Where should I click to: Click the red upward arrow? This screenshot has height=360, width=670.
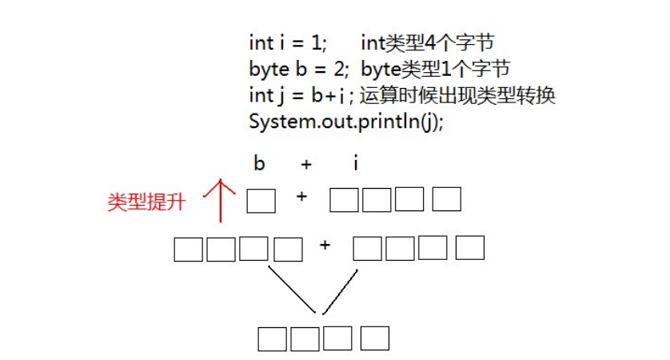tap(221, 201)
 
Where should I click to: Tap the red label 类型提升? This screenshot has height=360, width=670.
tap(146, 202)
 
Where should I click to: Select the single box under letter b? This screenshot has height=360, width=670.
tap(261, 201)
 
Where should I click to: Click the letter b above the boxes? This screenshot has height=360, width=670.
tap(259, 163)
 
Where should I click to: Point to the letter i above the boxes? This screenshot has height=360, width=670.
tap(356, 163)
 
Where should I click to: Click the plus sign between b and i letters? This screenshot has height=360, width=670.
tap(306, 164)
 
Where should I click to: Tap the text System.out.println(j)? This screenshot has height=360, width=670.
tap(346, 122)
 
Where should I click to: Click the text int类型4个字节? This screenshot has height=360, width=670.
tap(427, 42)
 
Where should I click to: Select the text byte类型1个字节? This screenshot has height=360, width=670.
tap(436, 69)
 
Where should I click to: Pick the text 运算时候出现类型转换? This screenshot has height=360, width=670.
tap(457, 95)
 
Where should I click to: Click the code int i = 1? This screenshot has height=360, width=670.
tap(288, 42)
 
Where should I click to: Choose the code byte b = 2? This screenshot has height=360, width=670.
tap(299, 70)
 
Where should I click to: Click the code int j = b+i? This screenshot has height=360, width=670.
tap(297, 96)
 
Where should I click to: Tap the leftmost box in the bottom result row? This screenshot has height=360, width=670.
tap(272, 339)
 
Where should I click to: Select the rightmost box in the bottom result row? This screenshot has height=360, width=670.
tap(375, 338)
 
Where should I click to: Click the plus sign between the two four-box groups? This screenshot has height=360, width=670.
tap(325, 245)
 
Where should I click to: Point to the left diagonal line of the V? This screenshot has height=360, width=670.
tap(292, 290)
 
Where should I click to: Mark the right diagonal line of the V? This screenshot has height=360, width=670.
tap(340, 292)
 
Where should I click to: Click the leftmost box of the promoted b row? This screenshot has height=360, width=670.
tap(189, 250)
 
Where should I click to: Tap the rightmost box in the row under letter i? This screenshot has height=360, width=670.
tap(446, 199)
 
